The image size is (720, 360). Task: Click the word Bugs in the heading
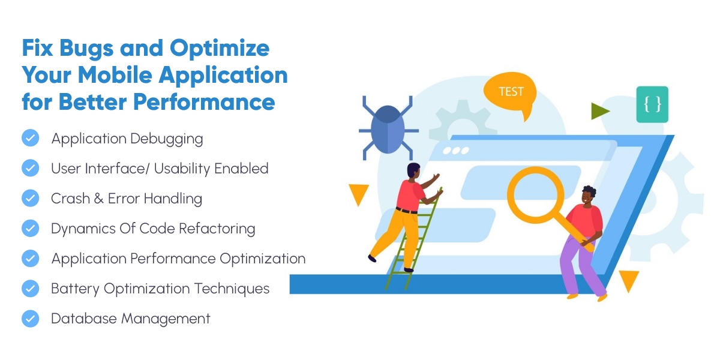(86, 49)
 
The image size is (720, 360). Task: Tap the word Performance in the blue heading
(204, 102)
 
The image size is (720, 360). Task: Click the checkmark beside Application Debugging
(31, 138)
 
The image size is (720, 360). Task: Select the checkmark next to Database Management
(31, 319)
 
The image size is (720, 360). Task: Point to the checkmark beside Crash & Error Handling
(31, 198)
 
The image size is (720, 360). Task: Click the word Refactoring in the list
(217, 229)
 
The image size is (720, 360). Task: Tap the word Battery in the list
(75, 289)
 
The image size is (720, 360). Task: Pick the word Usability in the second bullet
(182, 169)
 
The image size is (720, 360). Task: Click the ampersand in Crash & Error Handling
(98, 199)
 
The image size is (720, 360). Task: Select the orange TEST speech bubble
(511, 92)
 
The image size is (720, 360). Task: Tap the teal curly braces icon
(652, 104)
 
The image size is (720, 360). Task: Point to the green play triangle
(599, 111)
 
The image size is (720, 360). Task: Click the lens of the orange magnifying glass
(535, 195)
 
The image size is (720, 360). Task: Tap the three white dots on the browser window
(456, 151)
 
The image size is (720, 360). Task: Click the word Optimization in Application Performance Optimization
(262, 259)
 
